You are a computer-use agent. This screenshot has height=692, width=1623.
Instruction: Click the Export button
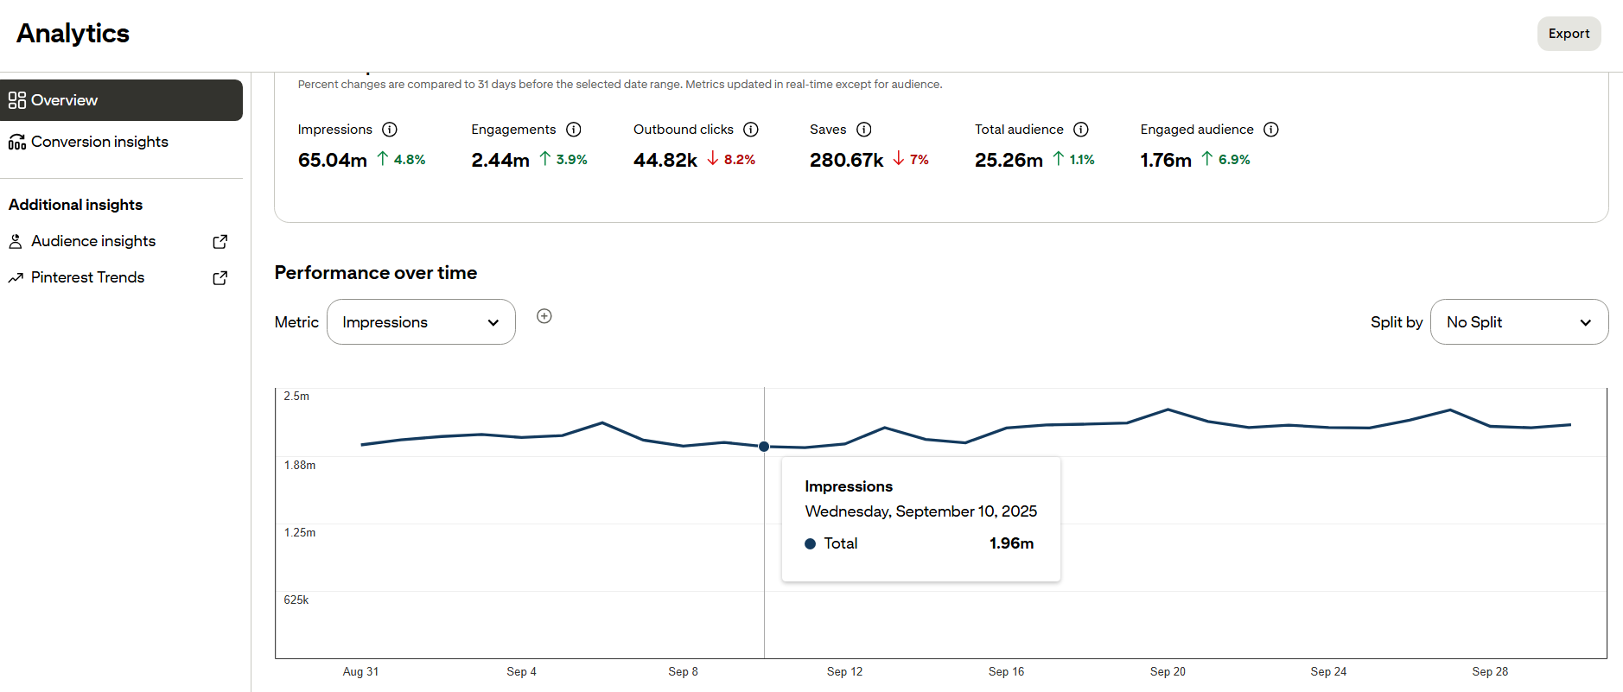1569,34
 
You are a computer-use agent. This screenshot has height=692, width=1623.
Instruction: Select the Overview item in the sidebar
121,100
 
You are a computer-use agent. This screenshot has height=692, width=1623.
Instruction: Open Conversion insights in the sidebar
99,142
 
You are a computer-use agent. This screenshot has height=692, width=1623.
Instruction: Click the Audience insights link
93,241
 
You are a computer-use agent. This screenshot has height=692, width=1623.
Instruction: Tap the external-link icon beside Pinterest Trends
220,278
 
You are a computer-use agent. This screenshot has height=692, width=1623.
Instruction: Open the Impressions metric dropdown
421,322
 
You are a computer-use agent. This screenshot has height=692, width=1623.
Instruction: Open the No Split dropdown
1518,322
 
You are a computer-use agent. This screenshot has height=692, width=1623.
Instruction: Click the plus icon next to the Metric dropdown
544,316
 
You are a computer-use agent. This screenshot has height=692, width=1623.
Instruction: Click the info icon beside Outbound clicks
751,130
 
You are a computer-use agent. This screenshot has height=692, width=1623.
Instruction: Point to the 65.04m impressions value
333,160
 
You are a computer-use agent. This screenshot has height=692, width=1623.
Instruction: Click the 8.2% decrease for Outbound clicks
739,160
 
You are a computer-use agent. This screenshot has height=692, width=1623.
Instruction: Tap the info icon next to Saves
863,130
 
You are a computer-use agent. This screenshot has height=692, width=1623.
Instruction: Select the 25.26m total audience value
1009,160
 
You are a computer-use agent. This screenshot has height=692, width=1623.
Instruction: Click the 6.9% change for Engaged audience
1233,160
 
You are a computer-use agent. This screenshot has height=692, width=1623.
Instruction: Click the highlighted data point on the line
764,447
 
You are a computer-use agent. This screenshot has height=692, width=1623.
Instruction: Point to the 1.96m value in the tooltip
1011,543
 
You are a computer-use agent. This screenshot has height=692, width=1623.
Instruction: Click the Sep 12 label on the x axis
844,672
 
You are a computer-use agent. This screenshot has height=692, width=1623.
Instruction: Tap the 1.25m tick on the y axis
300,533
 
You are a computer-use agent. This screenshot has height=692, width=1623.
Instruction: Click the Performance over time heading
376,273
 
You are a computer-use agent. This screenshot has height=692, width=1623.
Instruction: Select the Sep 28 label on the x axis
1490,672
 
